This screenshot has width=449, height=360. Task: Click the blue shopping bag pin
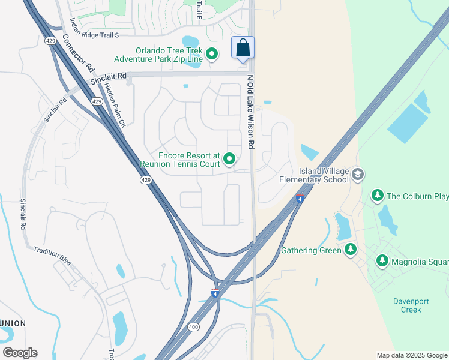click(243, 49)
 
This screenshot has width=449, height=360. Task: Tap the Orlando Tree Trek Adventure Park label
click(159, 55)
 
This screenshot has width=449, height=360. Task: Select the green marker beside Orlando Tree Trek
click(212, 55)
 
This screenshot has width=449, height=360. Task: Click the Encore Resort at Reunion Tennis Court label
click(180, 158)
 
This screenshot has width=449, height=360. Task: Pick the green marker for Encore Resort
click(229, 159)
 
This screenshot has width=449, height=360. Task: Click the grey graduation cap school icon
click(358, 175)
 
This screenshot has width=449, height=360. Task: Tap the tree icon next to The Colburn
click(377, 196)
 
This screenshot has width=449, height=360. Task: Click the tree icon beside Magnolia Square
click(382, 260)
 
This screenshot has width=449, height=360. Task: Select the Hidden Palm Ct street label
click(115, 105)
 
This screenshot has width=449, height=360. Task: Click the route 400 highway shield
click(193, 327)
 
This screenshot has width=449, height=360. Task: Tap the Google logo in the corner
click(20, 353)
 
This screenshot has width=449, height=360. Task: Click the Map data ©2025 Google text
click(411, 355)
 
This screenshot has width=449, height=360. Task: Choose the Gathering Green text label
click(312, 250)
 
